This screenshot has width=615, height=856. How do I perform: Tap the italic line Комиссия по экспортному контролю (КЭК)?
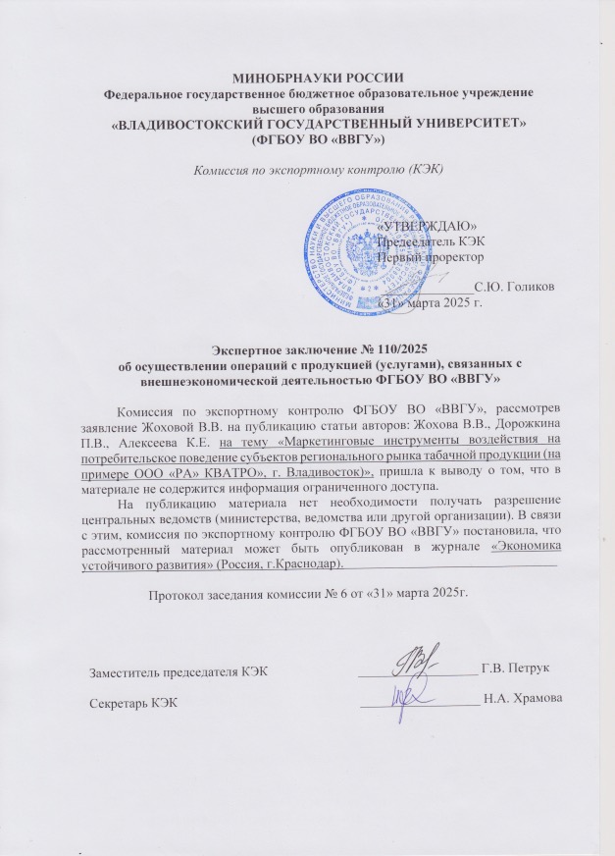[306, 168]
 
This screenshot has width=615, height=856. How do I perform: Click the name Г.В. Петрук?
[515, 669]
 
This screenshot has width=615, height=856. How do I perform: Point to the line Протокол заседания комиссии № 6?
[308, 593]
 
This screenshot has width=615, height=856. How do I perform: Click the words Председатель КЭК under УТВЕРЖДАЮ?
[431, 241]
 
